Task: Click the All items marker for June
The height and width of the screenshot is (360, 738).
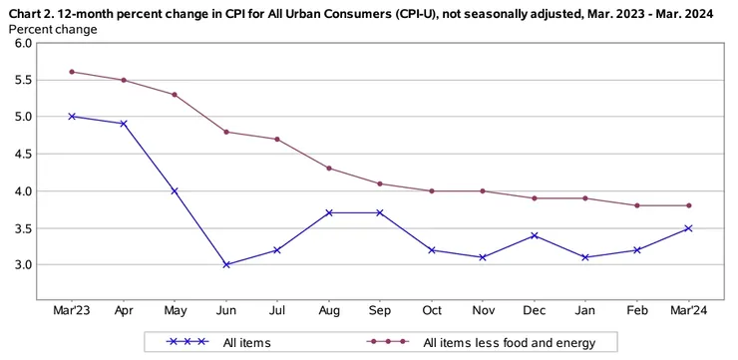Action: [226, 265]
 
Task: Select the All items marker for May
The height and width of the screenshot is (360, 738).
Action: [175, 191]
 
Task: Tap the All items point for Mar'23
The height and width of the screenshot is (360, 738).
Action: [72, 117]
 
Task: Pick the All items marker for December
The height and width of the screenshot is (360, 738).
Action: [535, 235]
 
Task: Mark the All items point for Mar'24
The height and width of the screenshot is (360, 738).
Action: [688, 228]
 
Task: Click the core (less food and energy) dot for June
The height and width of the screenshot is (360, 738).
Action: [226, 132]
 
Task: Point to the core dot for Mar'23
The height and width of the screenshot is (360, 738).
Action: [72, 72]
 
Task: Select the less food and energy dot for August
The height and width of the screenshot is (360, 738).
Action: [329, 168]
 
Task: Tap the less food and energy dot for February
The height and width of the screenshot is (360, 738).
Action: [637, 205]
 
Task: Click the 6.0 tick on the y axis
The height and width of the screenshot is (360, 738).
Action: [20, 43]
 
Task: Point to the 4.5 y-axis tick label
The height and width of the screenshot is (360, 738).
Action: [20, 154]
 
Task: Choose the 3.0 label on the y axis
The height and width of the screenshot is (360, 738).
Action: [20, 265]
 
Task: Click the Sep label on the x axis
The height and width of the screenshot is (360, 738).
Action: [381, 311]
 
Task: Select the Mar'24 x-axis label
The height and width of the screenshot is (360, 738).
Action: [688, 311]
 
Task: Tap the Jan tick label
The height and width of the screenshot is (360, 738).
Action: [585, 311]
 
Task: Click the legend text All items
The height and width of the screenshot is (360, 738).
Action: [246, 343]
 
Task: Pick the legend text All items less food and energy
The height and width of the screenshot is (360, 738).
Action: [510, 343]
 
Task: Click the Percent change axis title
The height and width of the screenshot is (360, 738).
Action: [53, 29]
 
